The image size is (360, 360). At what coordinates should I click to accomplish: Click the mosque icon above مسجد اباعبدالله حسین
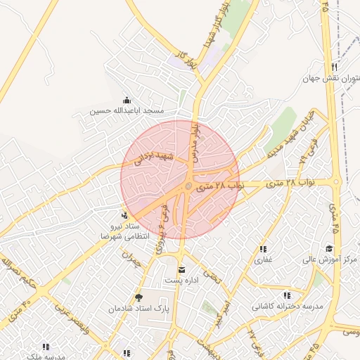[127, 100]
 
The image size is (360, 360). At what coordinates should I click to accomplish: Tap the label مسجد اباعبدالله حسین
[127, 111]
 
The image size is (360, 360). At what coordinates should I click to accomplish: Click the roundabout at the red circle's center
[188, 186]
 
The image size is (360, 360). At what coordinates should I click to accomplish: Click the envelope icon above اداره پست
[182, 270]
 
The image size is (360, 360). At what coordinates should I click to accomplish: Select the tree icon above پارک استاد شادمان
[139, 297]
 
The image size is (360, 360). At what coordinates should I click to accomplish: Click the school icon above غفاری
[263, 249]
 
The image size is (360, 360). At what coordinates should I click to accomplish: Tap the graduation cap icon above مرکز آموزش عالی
[329, 249]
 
